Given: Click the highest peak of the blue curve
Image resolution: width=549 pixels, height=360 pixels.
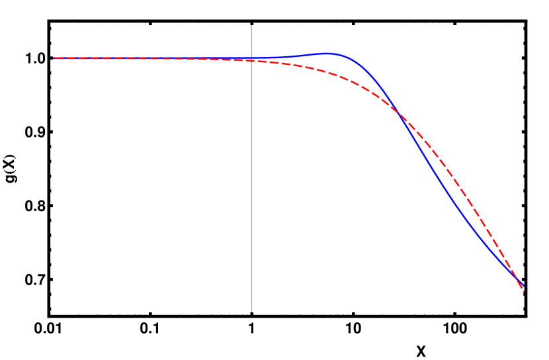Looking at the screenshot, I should (327, 53).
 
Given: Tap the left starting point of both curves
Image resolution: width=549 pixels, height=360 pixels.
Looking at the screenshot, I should (54, 58).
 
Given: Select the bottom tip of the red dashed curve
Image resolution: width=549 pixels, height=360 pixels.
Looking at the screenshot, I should (523, 291).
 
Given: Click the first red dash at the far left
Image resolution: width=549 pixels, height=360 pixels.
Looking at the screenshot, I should (58, 58).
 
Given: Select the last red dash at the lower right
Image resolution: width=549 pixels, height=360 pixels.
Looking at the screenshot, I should (521, 287).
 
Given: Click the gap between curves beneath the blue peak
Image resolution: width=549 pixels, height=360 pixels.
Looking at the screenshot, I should (327, 63).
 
